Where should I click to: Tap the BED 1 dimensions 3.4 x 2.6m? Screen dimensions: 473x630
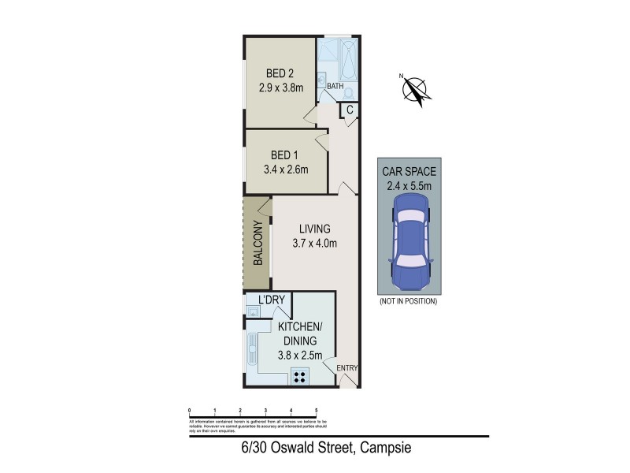284,169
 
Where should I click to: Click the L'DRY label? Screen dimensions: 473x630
272,300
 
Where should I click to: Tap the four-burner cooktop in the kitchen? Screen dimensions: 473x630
300,376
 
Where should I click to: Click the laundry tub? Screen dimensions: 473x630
253,313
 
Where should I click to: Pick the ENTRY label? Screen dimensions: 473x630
346,368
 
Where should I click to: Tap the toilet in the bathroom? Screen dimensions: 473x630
347,91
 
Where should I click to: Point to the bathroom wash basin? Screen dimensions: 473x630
321,79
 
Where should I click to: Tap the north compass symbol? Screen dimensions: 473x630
415,88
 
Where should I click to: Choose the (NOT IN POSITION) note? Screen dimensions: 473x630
408,301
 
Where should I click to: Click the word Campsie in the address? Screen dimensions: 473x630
386,449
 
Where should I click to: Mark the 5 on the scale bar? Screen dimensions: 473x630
316,411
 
